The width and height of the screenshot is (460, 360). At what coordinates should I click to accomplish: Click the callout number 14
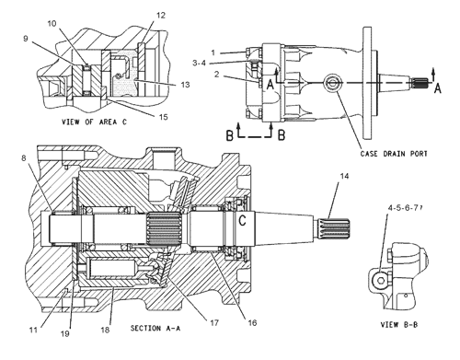click(x=344, y=176)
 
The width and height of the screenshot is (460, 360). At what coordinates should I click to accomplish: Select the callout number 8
click(x=24, y=158)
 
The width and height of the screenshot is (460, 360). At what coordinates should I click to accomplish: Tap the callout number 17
click(x=214, y=323)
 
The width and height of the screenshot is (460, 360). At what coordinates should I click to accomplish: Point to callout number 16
click(x=252, y=323)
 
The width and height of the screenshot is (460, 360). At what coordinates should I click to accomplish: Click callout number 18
click(x=105, y=331)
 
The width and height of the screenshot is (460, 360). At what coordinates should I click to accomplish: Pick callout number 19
click(x=65, y=334)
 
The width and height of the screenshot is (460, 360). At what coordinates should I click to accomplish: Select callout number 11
click(x=33, y=331)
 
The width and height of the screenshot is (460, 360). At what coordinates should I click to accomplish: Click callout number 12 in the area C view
click(x=161, y=15)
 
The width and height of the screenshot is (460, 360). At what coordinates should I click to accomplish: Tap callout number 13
click(x=185, y=85)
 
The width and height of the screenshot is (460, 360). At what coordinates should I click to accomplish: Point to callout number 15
click(x=164, y=117)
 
